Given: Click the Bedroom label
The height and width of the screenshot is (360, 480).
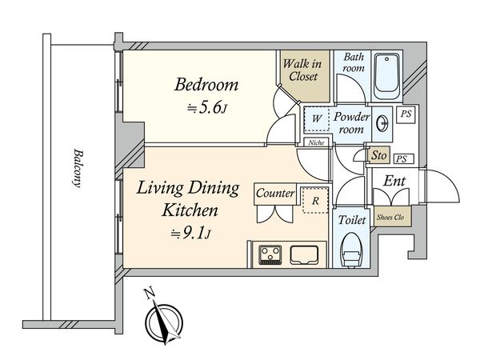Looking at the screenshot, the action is click(206, 85).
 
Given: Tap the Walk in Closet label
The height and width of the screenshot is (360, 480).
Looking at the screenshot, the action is click(302, 70).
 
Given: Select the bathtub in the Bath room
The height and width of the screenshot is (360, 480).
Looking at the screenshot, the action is click(387, 76).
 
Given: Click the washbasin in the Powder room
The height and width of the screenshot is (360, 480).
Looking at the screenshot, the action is click(382, 124).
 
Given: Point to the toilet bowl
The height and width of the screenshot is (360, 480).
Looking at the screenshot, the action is click(351, 250).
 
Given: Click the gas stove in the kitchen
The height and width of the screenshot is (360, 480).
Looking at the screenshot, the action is click(270, 254).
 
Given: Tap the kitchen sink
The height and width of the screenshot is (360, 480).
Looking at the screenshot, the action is click(304, 255).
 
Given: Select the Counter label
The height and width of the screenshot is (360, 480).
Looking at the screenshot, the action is click(275, 193).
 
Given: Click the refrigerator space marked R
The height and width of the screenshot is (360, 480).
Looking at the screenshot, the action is click(315, 201).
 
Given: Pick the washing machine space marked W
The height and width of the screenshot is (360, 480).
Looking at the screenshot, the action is click(317, 118).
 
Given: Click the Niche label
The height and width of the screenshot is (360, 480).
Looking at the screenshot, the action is click(316, 142).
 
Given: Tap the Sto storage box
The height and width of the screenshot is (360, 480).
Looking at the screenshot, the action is click(379, 155).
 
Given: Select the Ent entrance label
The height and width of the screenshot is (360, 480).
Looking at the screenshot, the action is click(394, 181).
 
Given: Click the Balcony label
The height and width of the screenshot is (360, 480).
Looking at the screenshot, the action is click(78, 168).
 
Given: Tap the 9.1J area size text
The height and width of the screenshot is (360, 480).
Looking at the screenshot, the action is click(190, 234).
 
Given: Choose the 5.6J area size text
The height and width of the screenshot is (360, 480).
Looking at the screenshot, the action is click(207, 108).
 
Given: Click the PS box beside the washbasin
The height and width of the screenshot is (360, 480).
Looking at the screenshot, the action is click(406, 114).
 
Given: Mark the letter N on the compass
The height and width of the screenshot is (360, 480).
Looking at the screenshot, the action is click(149, 294).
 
